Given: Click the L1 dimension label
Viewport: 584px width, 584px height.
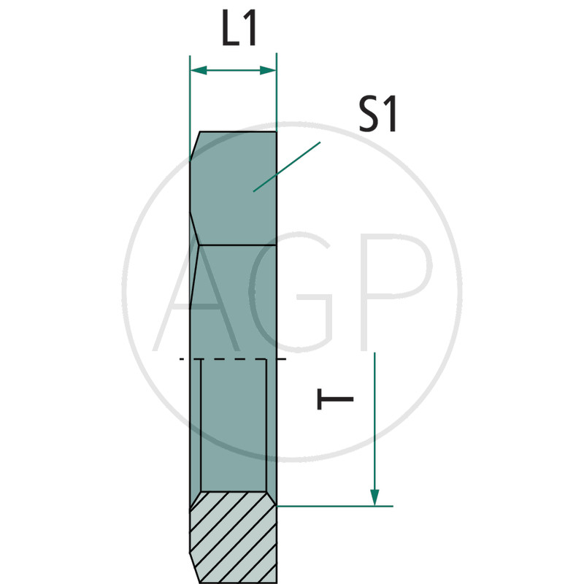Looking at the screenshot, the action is point(239,28).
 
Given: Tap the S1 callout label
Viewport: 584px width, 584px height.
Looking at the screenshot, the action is point(377,114).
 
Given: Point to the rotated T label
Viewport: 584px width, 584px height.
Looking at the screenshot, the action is point(335,399).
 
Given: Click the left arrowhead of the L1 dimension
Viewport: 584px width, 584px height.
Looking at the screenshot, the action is point(199,70).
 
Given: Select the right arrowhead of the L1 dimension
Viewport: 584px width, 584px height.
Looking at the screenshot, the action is point(268,70).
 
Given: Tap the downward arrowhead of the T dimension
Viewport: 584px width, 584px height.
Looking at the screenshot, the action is point(374,498).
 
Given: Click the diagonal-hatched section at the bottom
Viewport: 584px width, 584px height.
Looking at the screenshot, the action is point(233,537).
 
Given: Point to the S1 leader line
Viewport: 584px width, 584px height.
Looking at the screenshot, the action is point(287,167).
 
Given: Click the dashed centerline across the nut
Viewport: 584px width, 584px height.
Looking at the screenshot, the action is point(233,359).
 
